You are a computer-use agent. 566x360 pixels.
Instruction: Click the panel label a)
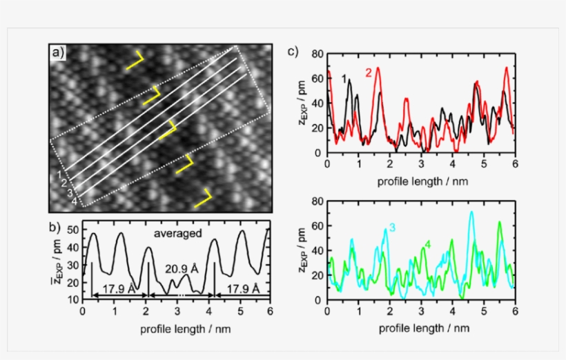pyautogui.click(x=57, y=51)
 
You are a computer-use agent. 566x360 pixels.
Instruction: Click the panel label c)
pyautogui.click(x=293, y=51)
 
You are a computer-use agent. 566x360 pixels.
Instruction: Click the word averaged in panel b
pyautogui.click(x=178, y=233)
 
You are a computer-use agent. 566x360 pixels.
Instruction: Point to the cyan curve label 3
pyautogui.click(x=391, y=228)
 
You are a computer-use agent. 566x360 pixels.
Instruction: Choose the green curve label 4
pyautogui.click(x=427, y=243)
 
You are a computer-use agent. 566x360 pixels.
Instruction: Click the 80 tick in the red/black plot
pyautogui.click(x=316, y=54)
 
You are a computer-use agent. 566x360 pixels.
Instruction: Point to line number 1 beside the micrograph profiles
pyautogui.click(x=61, y=175)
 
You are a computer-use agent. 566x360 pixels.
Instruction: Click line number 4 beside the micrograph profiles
pyautogui.click(x=74, y=201)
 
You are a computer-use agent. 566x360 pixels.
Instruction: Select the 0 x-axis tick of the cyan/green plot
pyautogui.click(x=327, y=312)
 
